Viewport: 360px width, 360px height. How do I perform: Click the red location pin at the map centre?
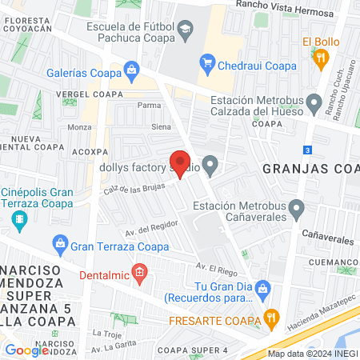(180, 162)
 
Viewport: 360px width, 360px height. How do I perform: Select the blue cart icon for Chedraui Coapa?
(207, 60)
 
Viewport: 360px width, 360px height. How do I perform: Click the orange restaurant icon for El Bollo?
(321, 57)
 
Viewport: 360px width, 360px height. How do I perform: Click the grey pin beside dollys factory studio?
(210, 167)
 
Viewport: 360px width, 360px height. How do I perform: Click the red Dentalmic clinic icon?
(140, 274)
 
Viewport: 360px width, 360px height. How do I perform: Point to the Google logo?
(27, 350)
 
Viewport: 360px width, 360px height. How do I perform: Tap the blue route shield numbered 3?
(308, 150)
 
